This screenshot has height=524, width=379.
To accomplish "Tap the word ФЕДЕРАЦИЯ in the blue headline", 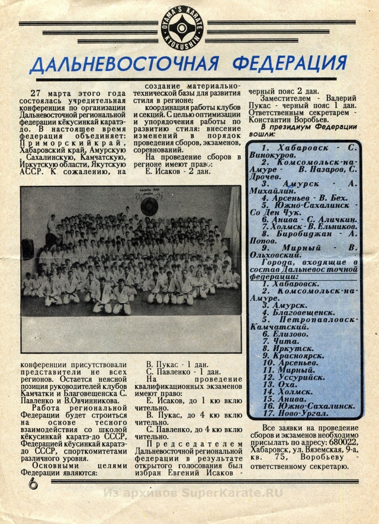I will (290, 62).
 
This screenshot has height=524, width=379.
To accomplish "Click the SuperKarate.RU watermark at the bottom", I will (192, 493).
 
